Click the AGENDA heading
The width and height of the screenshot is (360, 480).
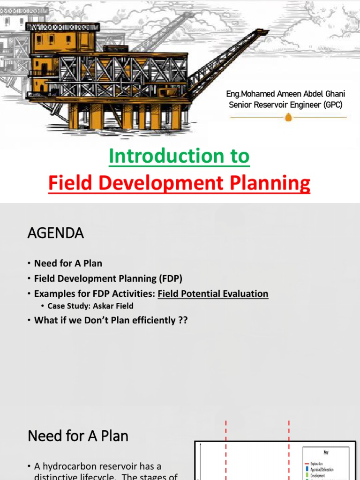pyautogui.click(x=56, y=233)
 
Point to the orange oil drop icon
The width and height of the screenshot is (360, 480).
pyautogui.click(x=288, y=117)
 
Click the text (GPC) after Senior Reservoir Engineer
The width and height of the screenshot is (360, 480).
pyautogui.click(x=333, y=105)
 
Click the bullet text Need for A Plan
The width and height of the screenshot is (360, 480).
pyautogui.click(x=68, y=263)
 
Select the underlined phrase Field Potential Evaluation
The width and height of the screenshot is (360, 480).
pyautogui.click(x=213, y=294)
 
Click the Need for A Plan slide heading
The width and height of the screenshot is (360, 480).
pyautogui.click(x=78, y=436)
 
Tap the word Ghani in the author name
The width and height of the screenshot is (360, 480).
pyautogui.click(x=334, y=94)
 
